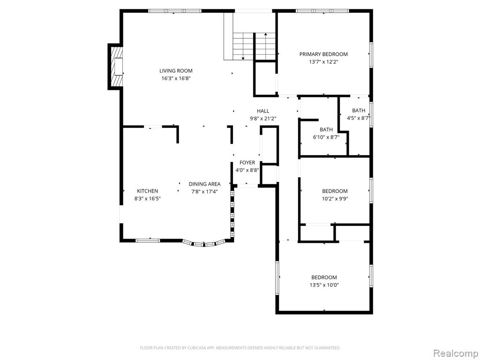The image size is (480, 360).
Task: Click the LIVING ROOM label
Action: pos(176,71)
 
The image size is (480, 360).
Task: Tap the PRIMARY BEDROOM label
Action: pos(323,54)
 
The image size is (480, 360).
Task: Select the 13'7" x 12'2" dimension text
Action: pos(323,62)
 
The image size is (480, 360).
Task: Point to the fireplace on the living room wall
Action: pos(116,67)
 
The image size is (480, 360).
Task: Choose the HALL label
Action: pos(263,111)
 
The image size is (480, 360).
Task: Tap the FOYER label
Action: pos(247,163)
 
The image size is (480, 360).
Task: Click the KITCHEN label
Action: pos(147,191)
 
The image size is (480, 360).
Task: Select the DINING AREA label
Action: pos(204,184)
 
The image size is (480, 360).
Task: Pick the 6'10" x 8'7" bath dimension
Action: pos(326,137)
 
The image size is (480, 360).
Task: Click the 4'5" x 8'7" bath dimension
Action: pos(359,118)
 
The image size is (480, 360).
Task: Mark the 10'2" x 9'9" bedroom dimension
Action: pos(335,199)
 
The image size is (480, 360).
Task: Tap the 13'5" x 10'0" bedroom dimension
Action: pos(324,285)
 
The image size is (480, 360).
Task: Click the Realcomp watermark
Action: pos(456,353)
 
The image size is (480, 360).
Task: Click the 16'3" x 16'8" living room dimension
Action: pos(176,78)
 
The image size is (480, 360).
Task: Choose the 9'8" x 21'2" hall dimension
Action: pos(263,119)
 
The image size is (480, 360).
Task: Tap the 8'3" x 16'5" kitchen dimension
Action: pos(147,199)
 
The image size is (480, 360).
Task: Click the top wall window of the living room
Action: pos(175,11)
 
